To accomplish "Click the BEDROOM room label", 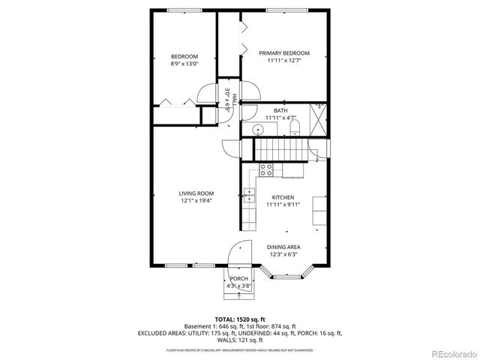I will click(x=184, y=57).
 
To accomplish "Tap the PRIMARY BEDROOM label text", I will click(x=284, y=53).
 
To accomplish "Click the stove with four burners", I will click(x=265, y=169).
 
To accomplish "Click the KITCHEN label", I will click(x=283, y=197).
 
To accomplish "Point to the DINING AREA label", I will click(x=283, y=247).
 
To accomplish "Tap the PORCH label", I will click(x=239, y=279).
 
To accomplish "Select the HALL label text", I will click(x=235, y=100).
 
